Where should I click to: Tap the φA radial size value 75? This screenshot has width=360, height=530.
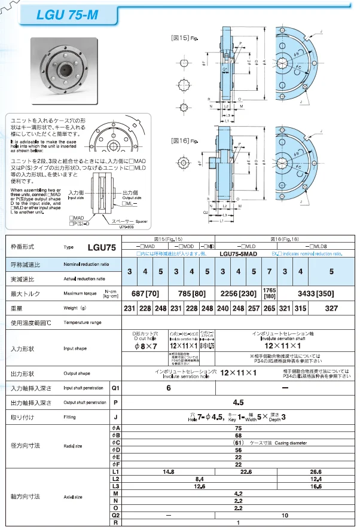pos(237,428)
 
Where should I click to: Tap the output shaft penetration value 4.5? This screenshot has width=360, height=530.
pos(237,403)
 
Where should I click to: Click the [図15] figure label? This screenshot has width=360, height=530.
pos(181,38)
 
